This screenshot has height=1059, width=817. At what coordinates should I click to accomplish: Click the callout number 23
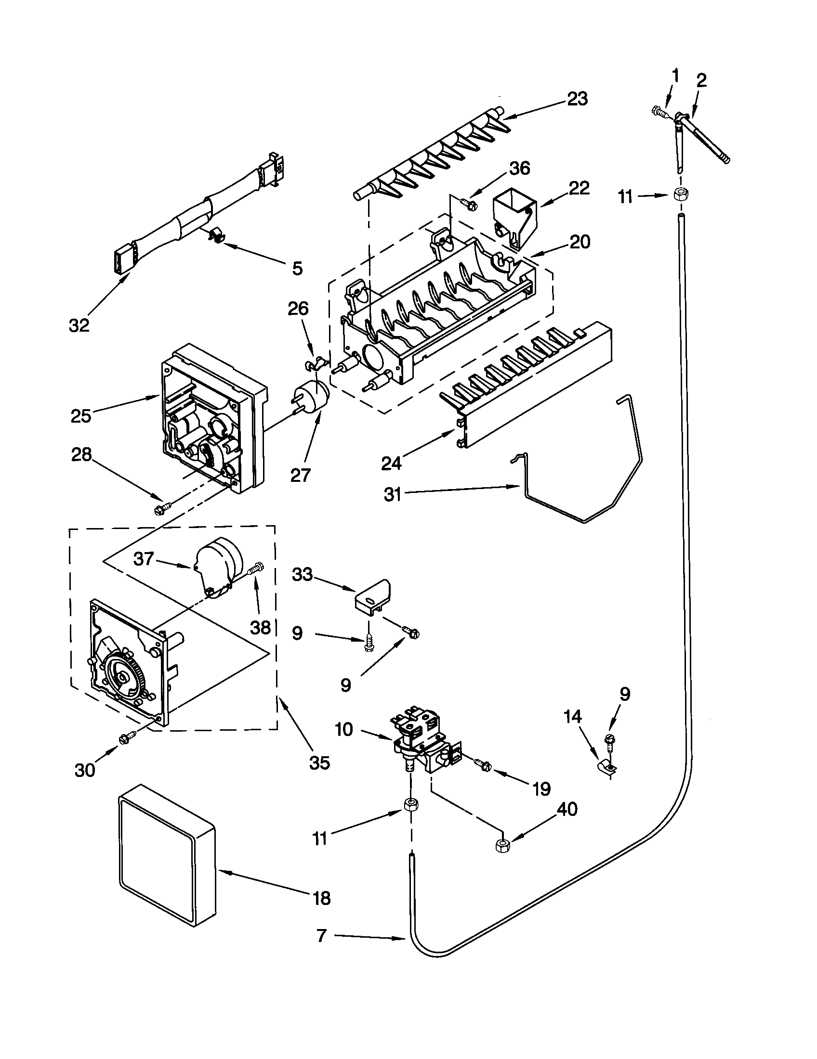click(x=577, y=99)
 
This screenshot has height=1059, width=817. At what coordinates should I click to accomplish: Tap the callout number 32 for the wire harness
click(x=79, y=325)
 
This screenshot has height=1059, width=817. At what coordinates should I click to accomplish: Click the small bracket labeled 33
click(x=371, y=597)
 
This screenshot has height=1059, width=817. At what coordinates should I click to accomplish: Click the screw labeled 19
click(x=484, y=766)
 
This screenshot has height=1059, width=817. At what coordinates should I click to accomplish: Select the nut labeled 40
click(x=501, y=845)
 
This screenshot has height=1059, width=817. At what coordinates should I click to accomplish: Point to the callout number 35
click(x=319, y=762)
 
